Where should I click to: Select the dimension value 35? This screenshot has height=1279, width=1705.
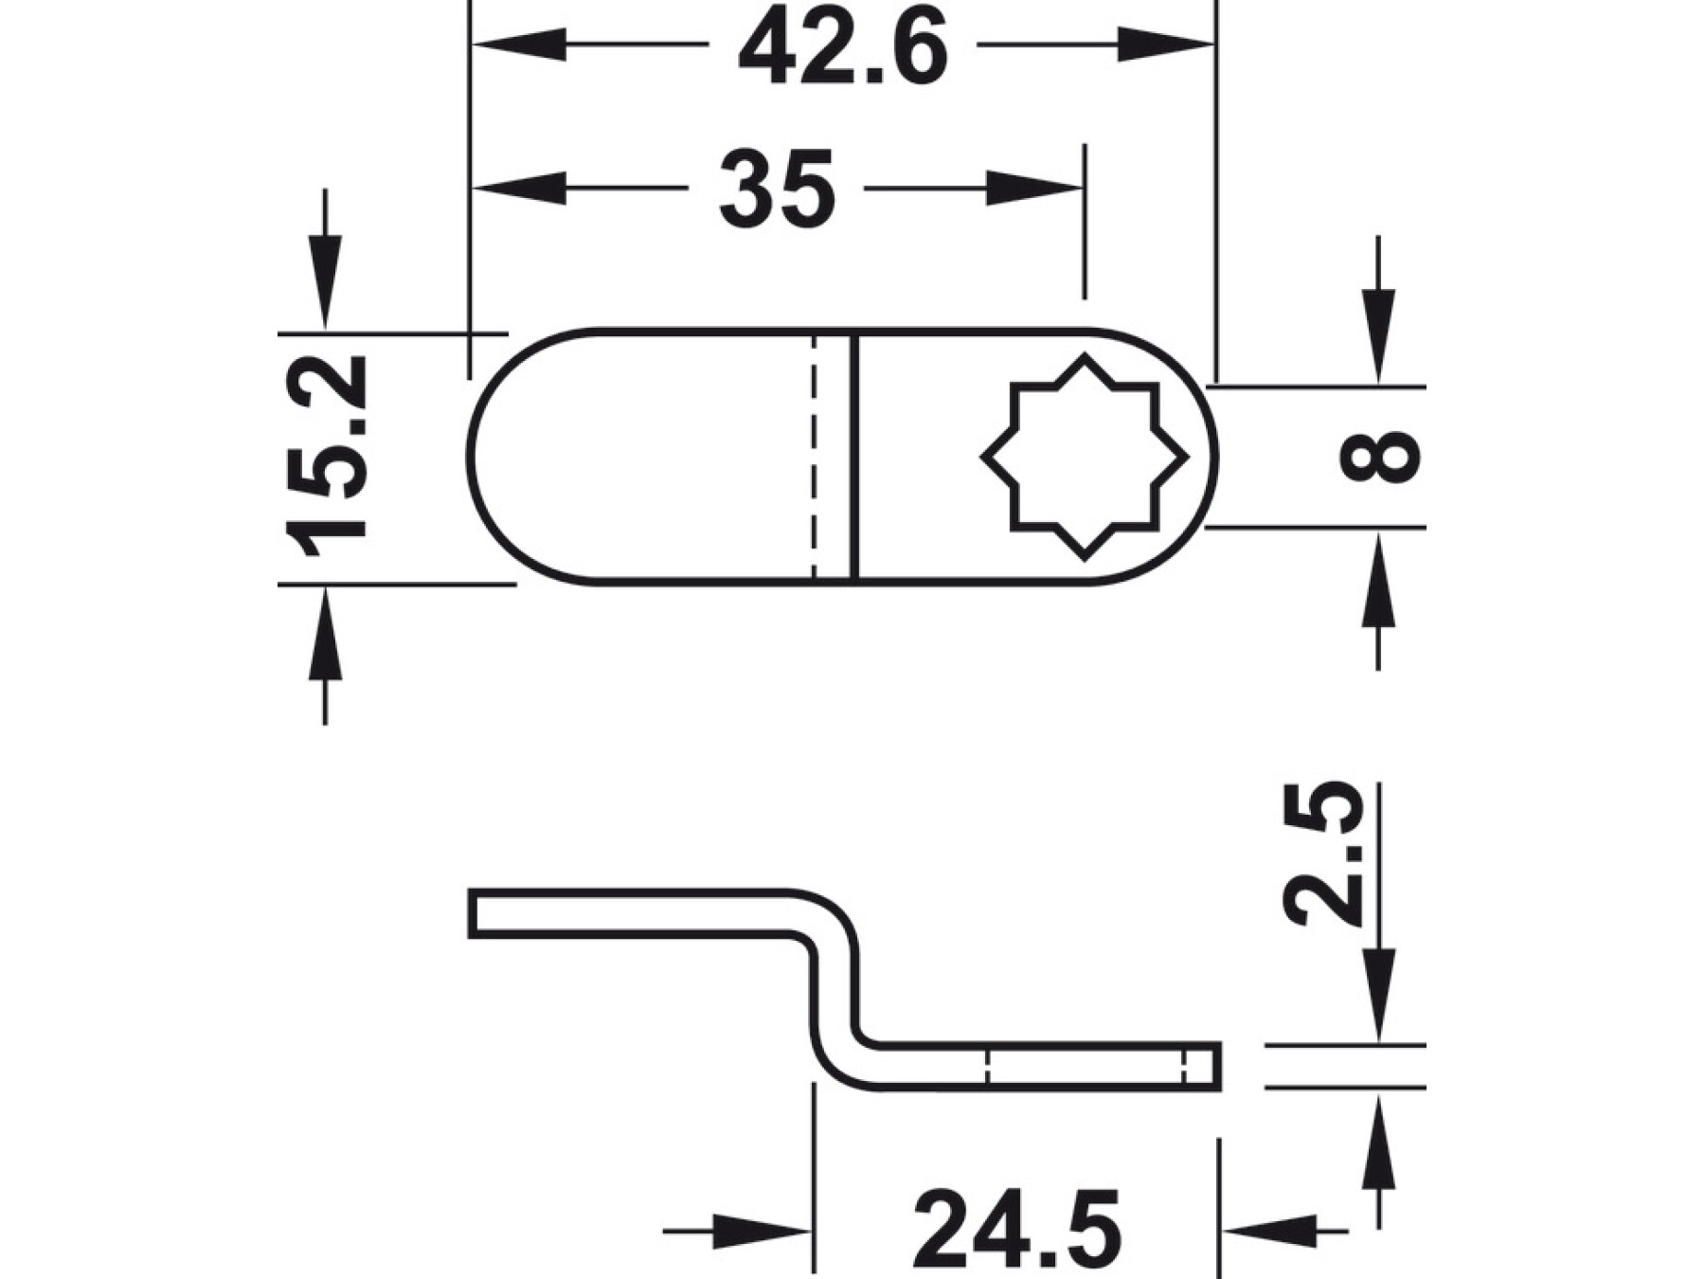[777, 189]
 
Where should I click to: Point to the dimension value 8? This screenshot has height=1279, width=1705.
[1380, 457]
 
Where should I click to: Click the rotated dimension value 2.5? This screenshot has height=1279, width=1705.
[1323, 853]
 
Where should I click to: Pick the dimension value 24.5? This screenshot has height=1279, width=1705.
[1017, 1230]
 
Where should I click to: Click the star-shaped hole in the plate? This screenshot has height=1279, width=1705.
[1085, 458]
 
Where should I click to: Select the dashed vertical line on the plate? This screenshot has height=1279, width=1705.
[814, 457]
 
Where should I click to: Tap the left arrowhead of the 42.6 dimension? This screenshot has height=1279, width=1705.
[519, 45]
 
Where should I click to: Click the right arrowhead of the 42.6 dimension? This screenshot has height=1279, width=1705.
[1166, 45]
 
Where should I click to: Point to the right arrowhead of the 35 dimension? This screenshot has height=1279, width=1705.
[1034, 189]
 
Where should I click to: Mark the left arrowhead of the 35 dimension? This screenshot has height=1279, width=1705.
[519, 189]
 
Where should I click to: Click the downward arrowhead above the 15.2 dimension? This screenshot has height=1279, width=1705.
[325, 282]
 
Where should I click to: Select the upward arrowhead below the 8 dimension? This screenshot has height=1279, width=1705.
[1378, 578]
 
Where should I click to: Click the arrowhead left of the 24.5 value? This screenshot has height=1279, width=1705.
[763, 1232]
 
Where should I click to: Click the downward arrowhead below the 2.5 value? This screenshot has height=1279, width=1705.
[1378, 994]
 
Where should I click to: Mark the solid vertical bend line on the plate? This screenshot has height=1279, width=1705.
[855, 457]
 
